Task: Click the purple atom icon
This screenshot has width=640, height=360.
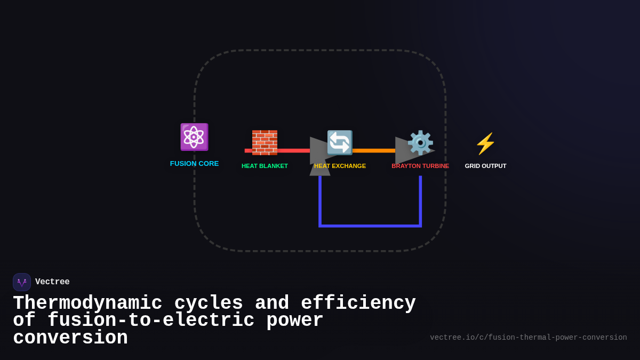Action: pos(194,137)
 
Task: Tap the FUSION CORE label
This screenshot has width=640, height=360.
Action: pos(194,164)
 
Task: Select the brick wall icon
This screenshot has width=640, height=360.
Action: pos(265,142)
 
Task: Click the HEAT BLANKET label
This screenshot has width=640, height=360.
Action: pos(265,166)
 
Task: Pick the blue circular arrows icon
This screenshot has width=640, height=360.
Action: pos(340,142)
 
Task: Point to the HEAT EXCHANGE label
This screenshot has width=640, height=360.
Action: pos(340,166)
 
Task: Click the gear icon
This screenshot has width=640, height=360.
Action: pos(420,142)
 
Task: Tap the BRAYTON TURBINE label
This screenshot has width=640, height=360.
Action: pos(420,166)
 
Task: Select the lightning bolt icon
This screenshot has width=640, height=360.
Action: pos(485,143)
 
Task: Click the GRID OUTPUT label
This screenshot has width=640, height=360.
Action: pos(485,166)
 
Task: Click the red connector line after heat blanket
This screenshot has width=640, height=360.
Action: pos(293,150)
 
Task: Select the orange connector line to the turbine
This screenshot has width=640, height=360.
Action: pos(373,150)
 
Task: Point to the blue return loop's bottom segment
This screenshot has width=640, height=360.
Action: pos(370,226)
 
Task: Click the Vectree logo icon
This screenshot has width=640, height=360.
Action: pos(22,282)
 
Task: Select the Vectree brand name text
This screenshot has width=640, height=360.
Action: pos(52,282)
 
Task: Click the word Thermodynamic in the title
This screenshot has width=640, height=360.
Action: pos(87,303)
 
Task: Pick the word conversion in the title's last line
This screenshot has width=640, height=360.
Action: pos(70,338)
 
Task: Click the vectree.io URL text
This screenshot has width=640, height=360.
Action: pos(528,338)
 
